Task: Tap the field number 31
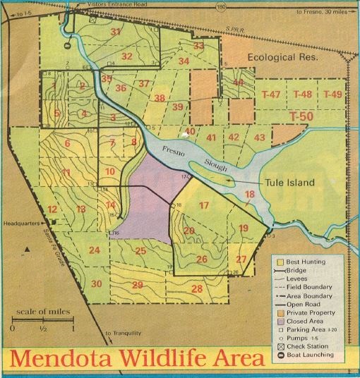(115, 32)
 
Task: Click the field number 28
(196, 288)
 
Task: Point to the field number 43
(260, 137)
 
